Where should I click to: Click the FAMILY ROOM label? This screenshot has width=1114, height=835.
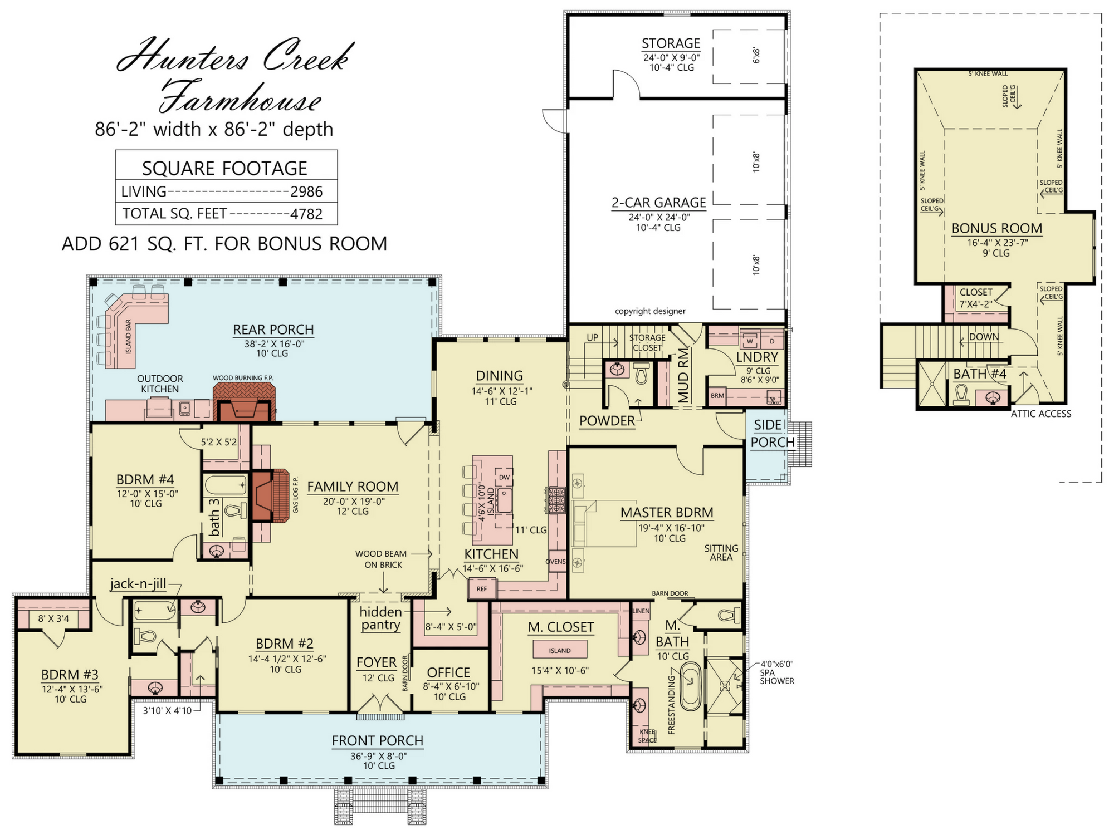pyautogui.click(x=353, y=487)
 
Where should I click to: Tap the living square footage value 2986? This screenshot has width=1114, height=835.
pyautogui.click(x=306, y=191)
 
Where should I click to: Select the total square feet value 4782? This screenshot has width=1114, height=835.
pyautogui.click(x=306, y=214)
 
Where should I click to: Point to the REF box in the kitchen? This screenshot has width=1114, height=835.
pyautogui.click(x=482, y=588)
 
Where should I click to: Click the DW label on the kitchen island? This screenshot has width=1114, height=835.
pyautogui.click(x=504, y=477)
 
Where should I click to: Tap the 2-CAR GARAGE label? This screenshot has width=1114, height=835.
pyautogui.click(x=659, y=203)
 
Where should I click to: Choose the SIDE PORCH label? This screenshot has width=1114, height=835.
pyautogui.click(x=773, y=434)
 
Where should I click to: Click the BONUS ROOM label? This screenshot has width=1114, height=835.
pyautogui.click(x=996, y=228)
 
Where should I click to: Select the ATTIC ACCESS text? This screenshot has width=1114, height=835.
pyautogui.click(x=1041, y=414)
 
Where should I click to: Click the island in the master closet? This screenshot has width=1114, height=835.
pyautogui.click(x=560, y=650)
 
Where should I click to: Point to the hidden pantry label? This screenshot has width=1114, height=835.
pyautogui.click(x=380, y=618)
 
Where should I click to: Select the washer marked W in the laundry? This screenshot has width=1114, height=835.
pyautogui.click(x=750, y=341)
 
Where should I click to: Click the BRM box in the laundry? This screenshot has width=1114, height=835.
pyautogui.click(x=717, y=396)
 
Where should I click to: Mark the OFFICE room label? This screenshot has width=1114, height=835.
pyautogui.click(x=448, y=672)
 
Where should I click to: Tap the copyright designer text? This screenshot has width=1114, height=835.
pyautogui.click(x=650, y=311)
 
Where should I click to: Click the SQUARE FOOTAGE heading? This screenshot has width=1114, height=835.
pyautogui.click(x=224, y=168)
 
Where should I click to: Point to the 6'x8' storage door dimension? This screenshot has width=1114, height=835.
pyautogui.click(x=756, y=55)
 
